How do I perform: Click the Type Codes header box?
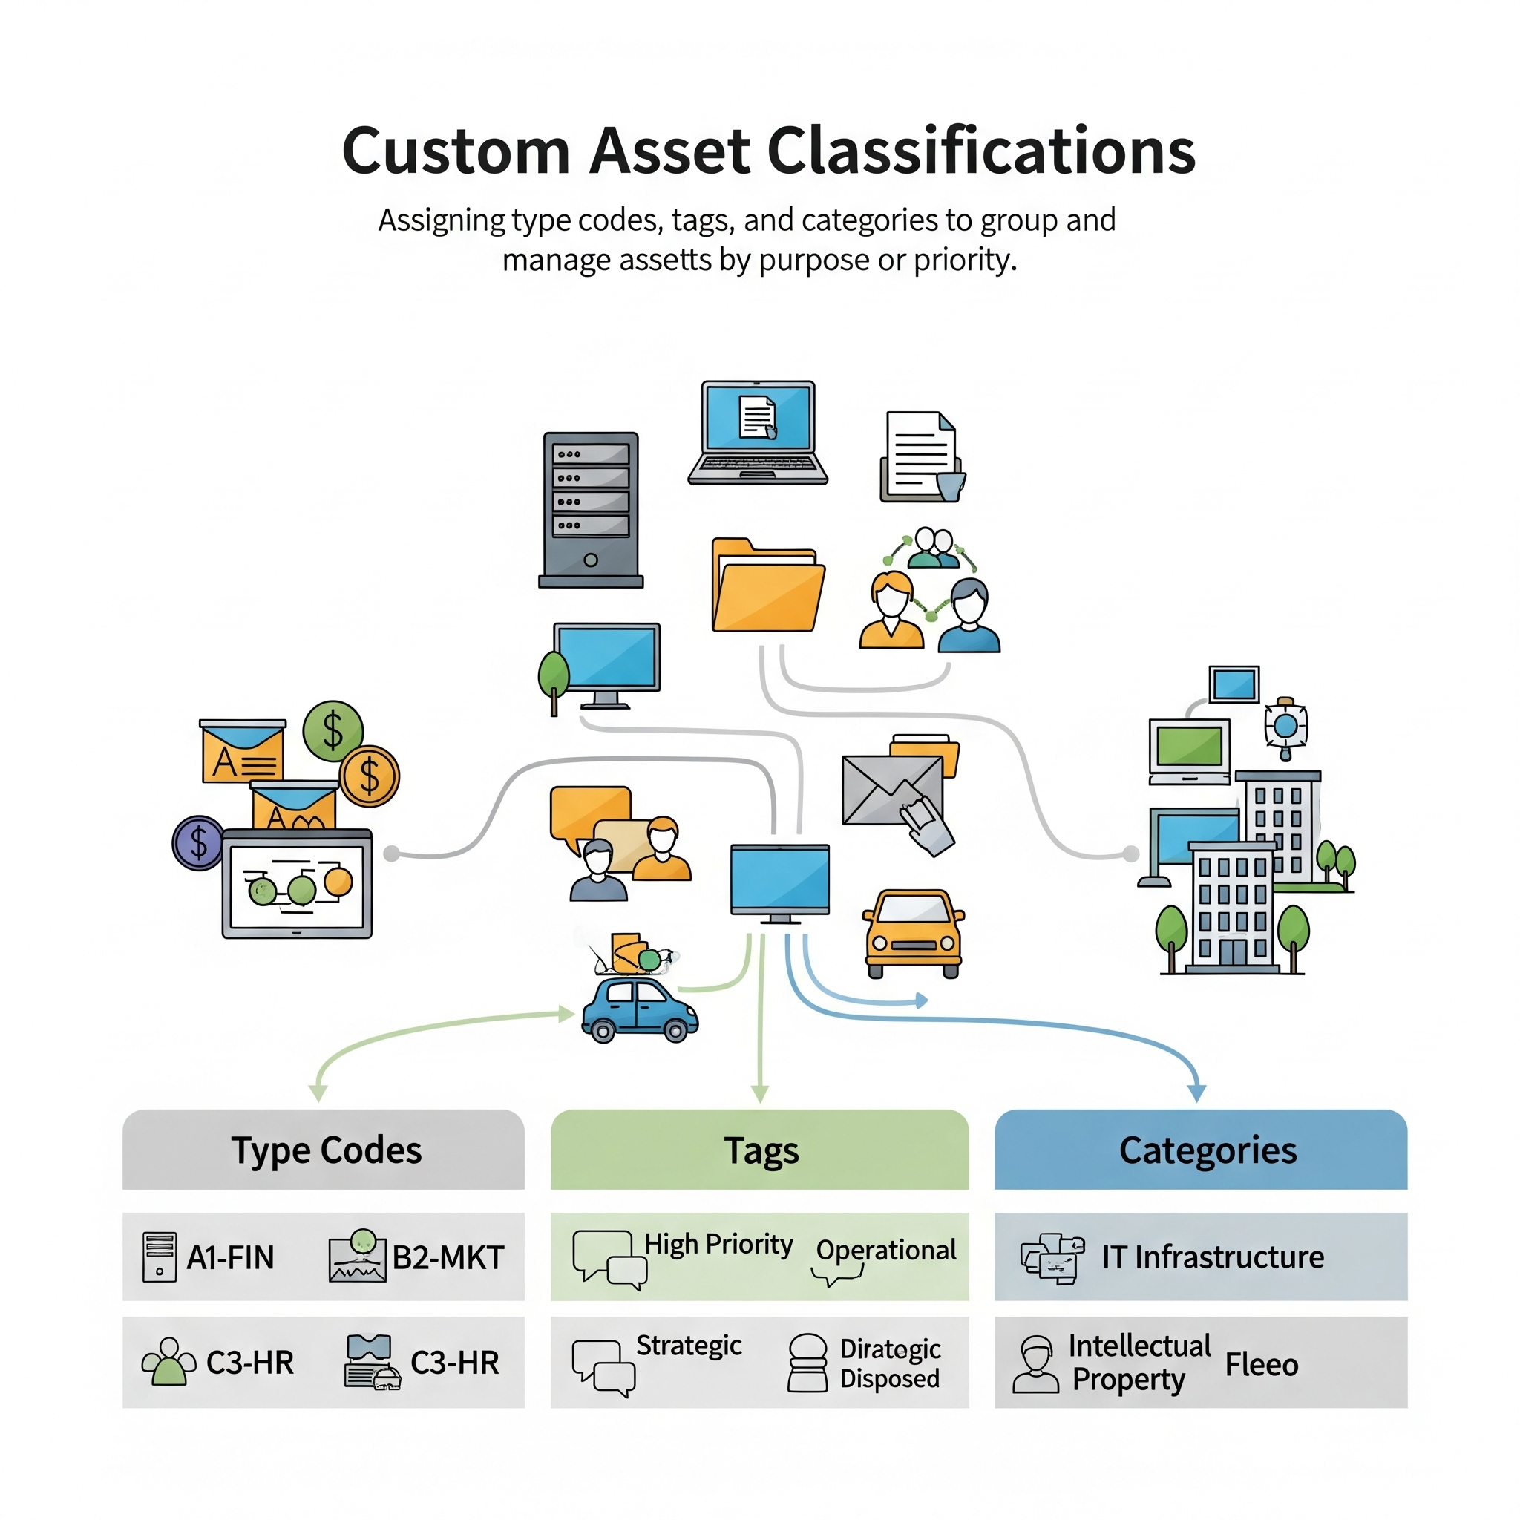tap(324, 1150)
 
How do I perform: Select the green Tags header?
tap(759, 1150)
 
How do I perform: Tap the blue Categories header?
tap(1201, 1150)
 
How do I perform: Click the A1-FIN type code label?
tap(230, 1257)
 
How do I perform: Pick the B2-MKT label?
tap(448, 1257)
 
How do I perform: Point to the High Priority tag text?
tap(718, 1244)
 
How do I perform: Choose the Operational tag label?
tap(886, 1249)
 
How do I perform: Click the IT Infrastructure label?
tap(1213, 1257)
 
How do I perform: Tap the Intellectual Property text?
tap(1139, 1363)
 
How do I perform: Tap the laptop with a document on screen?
tap(758, 432)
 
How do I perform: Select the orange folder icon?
tap(768, 586)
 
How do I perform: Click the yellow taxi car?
tap(913, 933)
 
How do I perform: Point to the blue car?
tap(640, 1009)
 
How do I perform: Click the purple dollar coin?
tap(198, 842)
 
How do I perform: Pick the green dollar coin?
tap(332, 730)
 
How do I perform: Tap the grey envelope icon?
tap(892, 789)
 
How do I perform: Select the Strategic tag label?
tap(689, 1346)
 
